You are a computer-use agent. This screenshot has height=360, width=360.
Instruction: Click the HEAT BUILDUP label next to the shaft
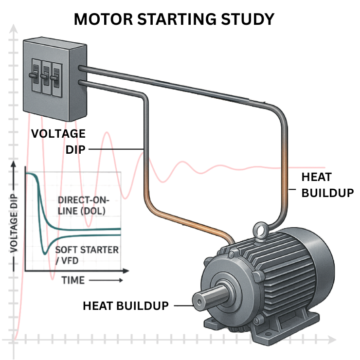click(126, 306)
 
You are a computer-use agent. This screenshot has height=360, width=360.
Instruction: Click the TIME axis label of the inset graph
click(73, 280)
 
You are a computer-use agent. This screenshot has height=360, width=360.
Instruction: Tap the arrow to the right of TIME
click(105, 281)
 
